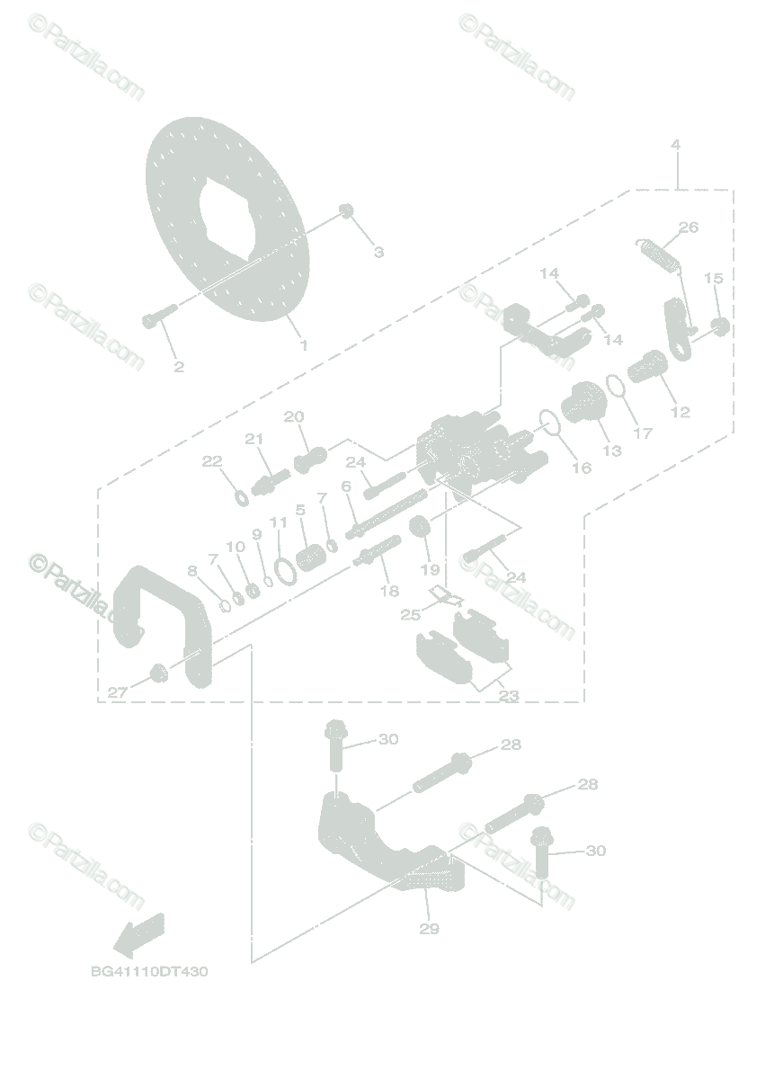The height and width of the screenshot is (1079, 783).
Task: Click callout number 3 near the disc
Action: (x=378, y=253)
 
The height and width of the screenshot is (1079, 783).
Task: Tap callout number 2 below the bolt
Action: (x=179, y=366)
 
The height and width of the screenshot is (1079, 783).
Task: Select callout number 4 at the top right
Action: (x=675, y=145)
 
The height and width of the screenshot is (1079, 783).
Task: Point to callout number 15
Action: (x=714, y=278)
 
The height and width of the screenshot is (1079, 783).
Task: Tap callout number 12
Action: (x=681, y=412)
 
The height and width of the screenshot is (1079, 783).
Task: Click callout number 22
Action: (x=211, y=461)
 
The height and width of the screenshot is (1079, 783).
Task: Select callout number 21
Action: (x=254, y=438)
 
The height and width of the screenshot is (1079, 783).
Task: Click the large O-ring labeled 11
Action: (x=283, y=570)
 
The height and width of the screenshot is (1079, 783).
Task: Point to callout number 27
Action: (x=117, y=692)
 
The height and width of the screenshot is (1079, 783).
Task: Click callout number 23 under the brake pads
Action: (x=508, y=696)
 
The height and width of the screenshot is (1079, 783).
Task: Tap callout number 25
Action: (x=410, y=614)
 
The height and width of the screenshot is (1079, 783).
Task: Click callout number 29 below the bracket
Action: (x=429, y=929)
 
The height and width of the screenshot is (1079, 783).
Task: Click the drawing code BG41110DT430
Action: (x=149, y=972)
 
